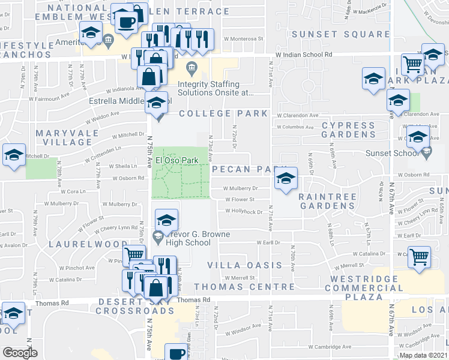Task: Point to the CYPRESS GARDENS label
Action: tap(348, 130)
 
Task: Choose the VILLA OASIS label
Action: tap(244, 265)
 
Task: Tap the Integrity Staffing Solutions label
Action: tap(215, 88)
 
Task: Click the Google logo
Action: tap(20, 353)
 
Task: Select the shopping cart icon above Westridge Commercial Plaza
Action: tap(419, 256)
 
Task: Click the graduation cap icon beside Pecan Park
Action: tap(286, 178)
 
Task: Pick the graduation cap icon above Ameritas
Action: tap(90, 34)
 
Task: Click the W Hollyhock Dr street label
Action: tap(244, 211)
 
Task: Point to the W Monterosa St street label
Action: tap(243, 39)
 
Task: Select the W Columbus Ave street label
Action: tap(296, 127)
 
